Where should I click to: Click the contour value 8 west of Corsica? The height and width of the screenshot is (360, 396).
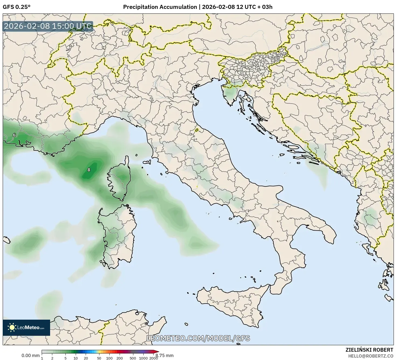(x=89, y=170)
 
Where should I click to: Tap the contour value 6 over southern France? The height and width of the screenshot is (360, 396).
(x=14, y=135)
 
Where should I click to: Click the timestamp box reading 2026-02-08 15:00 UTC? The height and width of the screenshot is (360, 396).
(x=48, y=26)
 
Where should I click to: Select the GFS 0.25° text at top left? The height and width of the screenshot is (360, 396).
(x=16, y=7)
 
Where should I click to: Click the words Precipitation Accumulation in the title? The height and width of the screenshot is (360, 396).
(x=160, y=7)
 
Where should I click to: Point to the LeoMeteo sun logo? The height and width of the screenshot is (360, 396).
(x=12, y=327)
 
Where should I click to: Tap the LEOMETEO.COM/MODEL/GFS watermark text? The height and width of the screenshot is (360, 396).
(x=198, y=338)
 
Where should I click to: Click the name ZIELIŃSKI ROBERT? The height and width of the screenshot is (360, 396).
(x=369, y=350)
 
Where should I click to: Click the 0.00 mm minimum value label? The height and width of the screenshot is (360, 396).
(x=30, y=355)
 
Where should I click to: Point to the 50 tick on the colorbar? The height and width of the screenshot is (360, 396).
(x=99, y=358)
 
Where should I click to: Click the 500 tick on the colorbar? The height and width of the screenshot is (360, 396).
(x=133, y=358)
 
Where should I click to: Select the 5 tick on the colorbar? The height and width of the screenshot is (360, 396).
(x=65, y=358)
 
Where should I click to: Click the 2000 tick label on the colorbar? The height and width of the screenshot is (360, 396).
(x=153, y=358)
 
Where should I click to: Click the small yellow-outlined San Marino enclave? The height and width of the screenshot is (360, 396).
(x=197, y=130)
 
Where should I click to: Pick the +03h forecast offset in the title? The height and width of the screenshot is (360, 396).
(x=265, y=7)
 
